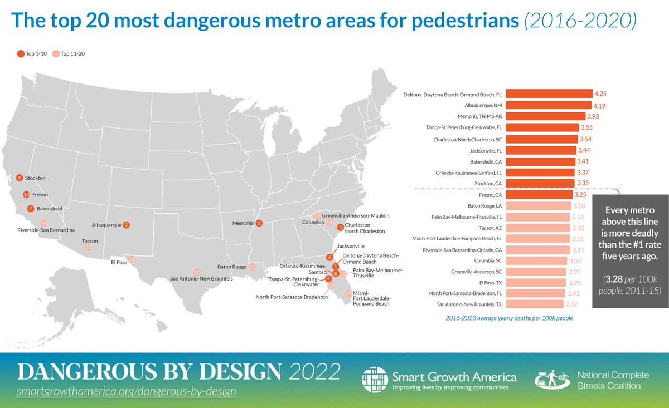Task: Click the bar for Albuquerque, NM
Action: click(x=549, y=105)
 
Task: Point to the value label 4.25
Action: click(x=600, y=94)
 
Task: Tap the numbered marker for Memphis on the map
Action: click(x=259, y=223)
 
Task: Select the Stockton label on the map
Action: click(x=35, y=178)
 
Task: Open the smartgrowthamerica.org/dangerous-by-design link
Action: click(x=127, y=392)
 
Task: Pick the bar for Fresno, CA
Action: click(x=539, y=195)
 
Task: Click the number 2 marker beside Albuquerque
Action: click(x=127, y=225)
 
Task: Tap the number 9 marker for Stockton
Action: click(x=19, y=178)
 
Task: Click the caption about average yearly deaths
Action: click(x=509, y=318)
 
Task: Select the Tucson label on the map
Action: click(x=89, y=241)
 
